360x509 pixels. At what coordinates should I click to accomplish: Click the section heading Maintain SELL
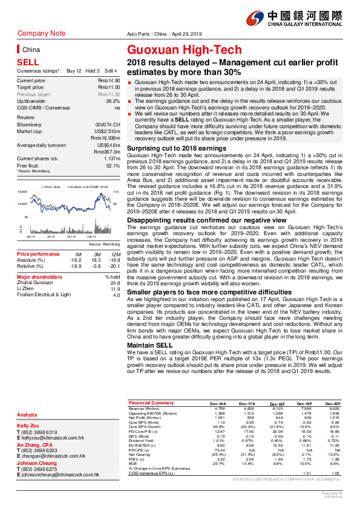pos(148,345)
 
